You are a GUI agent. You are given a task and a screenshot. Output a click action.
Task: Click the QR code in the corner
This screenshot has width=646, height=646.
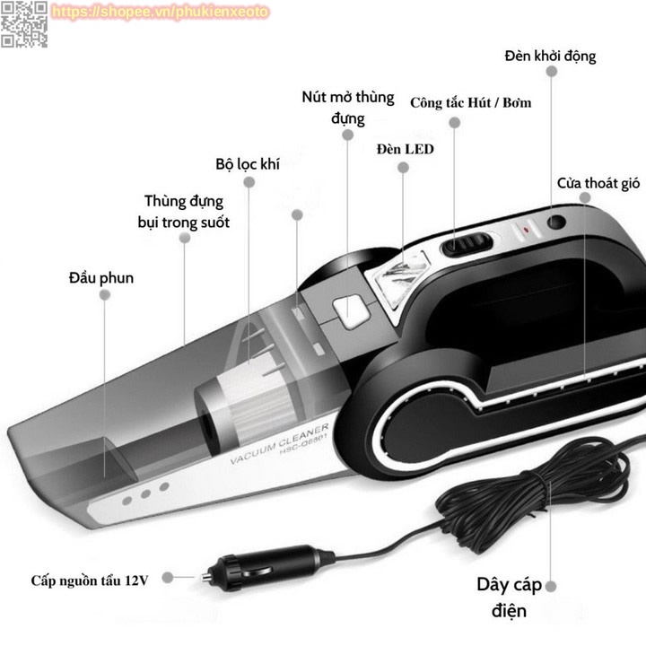pyautogui.click(x=23, y=23)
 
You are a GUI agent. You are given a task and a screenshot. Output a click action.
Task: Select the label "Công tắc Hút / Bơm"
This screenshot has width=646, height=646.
pyautogui.click(x=470, y=102)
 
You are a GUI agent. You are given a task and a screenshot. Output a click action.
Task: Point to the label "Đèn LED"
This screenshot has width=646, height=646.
pyautogui.click(x=405, y=149)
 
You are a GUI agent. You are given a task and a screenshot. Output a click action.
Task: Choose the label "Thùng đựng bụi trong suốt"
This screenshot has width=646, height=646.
pyautogui.click(x=184, y=211)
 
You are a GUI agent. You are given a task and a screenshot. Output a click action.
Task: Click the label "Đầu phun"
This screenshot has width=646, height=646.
pyautogui.click(x=101, y=277)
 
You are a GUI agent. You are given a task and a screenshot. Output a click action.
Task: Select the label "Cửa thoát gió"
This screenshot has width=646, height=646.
pyautogui.click(x=598, y=183)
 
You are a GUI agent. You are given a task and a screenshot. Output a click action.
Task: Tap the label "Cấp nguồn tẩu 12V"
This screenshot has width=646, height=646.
pyautogui.click(x=90, y=580)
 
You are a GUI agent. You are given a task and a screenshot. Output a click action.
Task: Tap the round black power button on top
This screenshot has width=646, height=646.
pyautogui.click(x=557, y=221)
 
